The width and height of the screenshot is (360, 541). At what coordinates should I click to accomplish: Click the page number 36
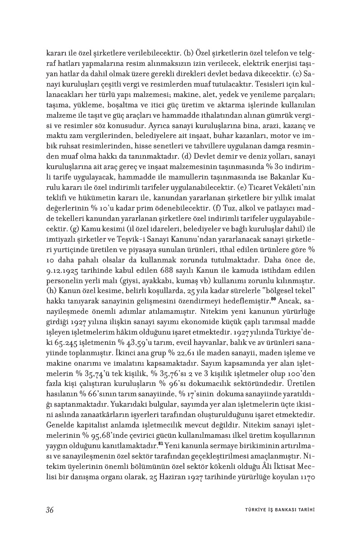click(x=50, y=510)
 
